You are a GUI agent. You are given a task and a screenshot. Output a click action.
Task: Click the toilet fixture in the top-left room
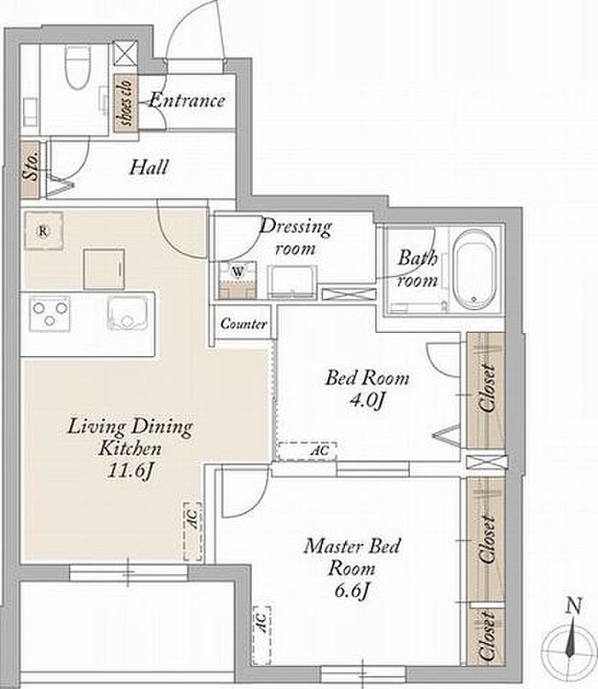point(78,67)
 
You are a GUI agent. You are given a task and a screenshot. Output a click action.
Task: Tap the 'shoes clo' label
point(126,102)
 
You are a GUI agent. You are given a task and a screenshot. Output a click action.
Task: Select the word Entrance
point(187,100)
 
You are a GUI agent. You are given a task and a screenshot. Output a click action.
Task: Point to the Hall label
point(149,167)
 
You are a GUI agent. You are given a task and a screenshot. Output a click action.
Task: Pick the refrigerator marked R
point(43,231)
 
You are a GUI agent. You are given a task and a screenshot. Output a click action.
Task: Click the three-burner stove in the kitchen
point(50,313)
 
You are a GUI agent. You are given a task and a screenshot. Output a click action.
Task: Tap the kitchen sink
point(126,313)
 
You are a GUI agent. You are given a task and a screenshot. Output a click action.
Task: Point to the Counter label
point(243,324)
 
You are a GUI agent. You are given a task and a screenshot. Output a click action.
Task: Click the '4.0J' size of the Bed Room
point(367,400)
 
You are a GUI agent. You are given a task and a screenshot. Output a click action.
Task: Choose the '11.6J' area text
point(131,471)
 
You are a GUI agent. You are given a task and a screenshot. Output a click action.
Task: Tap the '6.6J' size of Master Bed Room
point(351,590)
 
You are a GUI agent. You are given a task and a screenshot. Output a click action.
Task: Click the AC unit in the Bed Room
point(308,452)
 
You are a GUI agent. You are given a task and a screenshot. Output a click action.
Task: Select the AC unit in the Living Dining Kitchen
point(192,532)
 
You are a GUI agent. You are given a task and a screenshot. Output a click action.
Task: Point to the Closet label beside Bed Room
point(487,388)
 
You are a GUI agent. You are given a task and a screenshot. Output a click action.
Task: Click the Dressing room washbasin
point(292,282)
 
